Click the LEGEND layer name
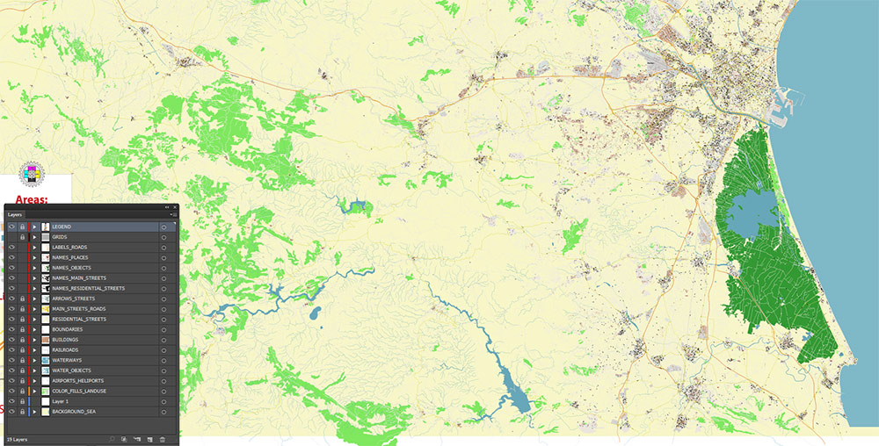(x=62, y=227)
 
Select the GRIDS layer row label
(x=60, y=237)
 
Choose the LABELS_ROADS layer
(x=69, y=248)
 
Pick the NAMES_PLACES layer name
(x=69, y=257)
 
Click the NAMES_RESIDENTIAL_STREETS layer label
(x=88, y=288)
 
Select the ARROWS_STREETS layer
(x=73, y=299)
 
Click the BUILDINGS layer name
(x=65, y=340)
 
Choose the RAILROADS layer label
(x=65, y=349)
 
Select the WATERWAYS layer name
(x=66, y=360)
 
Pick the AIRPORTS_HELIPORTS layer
(x=77, y=380)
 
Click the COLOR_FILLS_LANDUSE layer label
(x=79, y=391)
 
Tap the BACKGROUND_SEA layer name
(x=73, y=411)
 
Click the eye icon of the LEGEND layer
(x=11, y=227)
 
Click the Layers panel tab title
(x=15, y=214)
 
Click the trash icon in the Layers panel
(x=163, y=438)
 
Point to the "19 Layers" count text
(x=17, y=438)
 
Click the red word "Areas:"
(x=32, y=200)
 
